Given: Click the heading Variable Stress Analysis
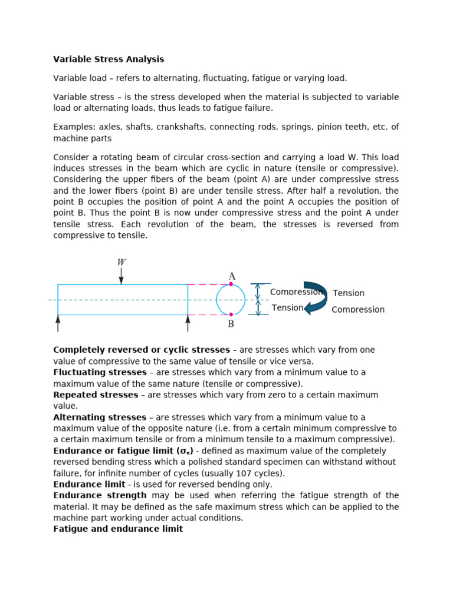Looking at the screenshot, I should pyautogui.click(x=109, y=59).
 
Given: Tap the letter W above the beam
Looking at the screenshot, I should pyautogui.click(x=121, y=262).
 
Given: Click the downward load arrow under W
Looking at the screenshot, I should pyautogui.click(x=121, y=276).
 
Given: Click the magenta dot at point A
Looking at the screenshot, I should pyautogui.click(x=231, y=284).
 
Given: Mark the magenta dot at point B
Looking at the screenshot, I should pyautogui.click(x=231, y=314).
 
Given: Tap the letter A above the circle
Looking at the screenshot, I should pyautogui.click(x=232, y=276).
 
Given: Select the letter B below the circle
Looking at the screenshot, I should pyautogui.click(x=231, y=324).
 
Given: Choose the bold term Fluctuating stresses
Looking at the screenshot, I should pyautogui.click(x=100, y=373).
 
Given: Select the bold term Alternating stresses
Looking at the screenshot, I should pyautogui.click(x=100, y=418).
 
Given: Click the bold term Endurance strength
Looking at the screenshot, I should pyautogui.click(x=100, y=496).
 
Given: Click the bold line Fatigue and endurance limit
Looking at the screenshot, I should pyautogui.click(x=118, y=529).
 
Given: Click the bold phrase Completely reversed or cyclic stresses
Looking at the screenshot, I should pyautogui.click(x=142, y=350).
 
